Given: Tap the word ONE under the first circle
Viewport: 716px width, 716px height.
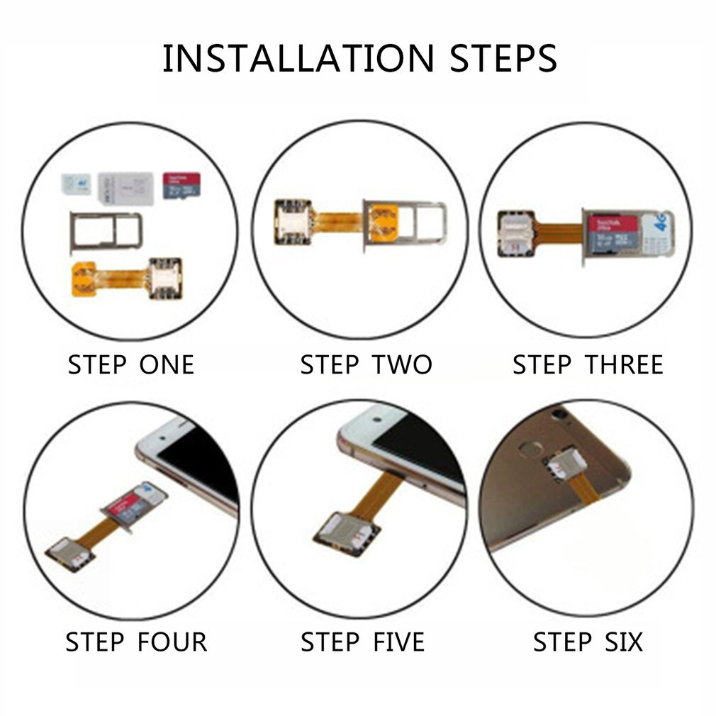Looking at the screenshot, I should [166, 365].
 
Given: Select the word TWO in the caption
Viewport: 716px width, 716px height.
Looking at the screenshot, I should [401, 365].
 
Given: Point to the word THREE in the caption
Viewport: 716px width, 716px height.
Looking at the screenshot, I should [624, 365].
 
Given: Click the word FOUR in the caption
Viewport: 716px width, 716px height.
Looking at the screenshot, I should [172, 642].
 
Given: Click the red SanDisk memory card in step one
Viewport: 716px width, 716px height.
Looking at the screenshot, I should [179, 185].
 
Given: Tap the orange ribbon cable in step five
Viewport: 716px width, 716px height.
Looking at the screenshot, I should [381, 496].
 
